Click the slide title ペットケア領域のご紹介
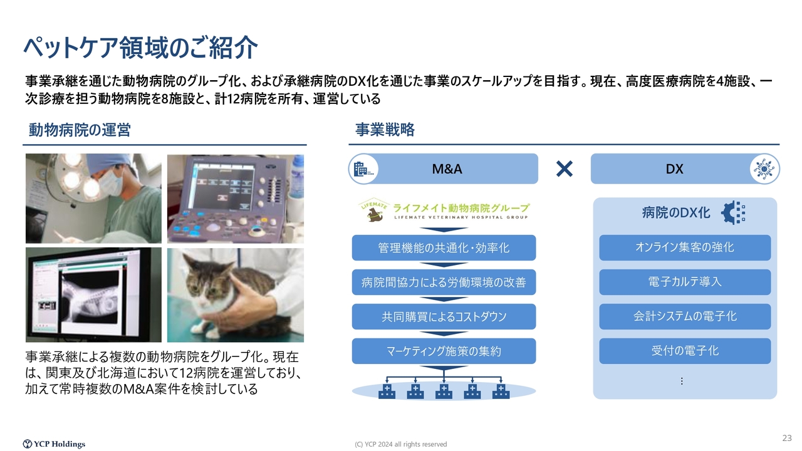tap(141, 48)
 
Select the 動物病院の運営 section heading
tap(80, 130)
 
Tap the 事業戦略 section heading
tap(385, 130)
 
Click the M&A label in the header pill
tap(447, 169)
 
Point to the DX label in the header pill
tap(674, 169)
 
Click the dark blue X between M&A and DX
tap(565, 169)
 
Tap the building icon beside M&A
tap(363, 169)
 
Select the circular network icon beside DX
tap(764, 169)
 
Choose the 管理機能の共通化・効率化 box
tap(444, 247)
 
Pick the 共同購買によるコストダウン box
tap(444, 317)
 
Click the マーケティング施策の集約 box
tap(444, 351)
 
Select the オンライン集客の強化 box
tap(685, 247)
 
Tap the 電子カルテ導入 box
tap(685, 282)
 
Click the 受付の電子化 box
tap(685, 351)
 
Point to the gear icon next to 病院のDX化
tap(733, 212)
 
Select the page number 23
tap(787, 438)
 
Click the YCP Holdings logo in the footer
tap(54, 444)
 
